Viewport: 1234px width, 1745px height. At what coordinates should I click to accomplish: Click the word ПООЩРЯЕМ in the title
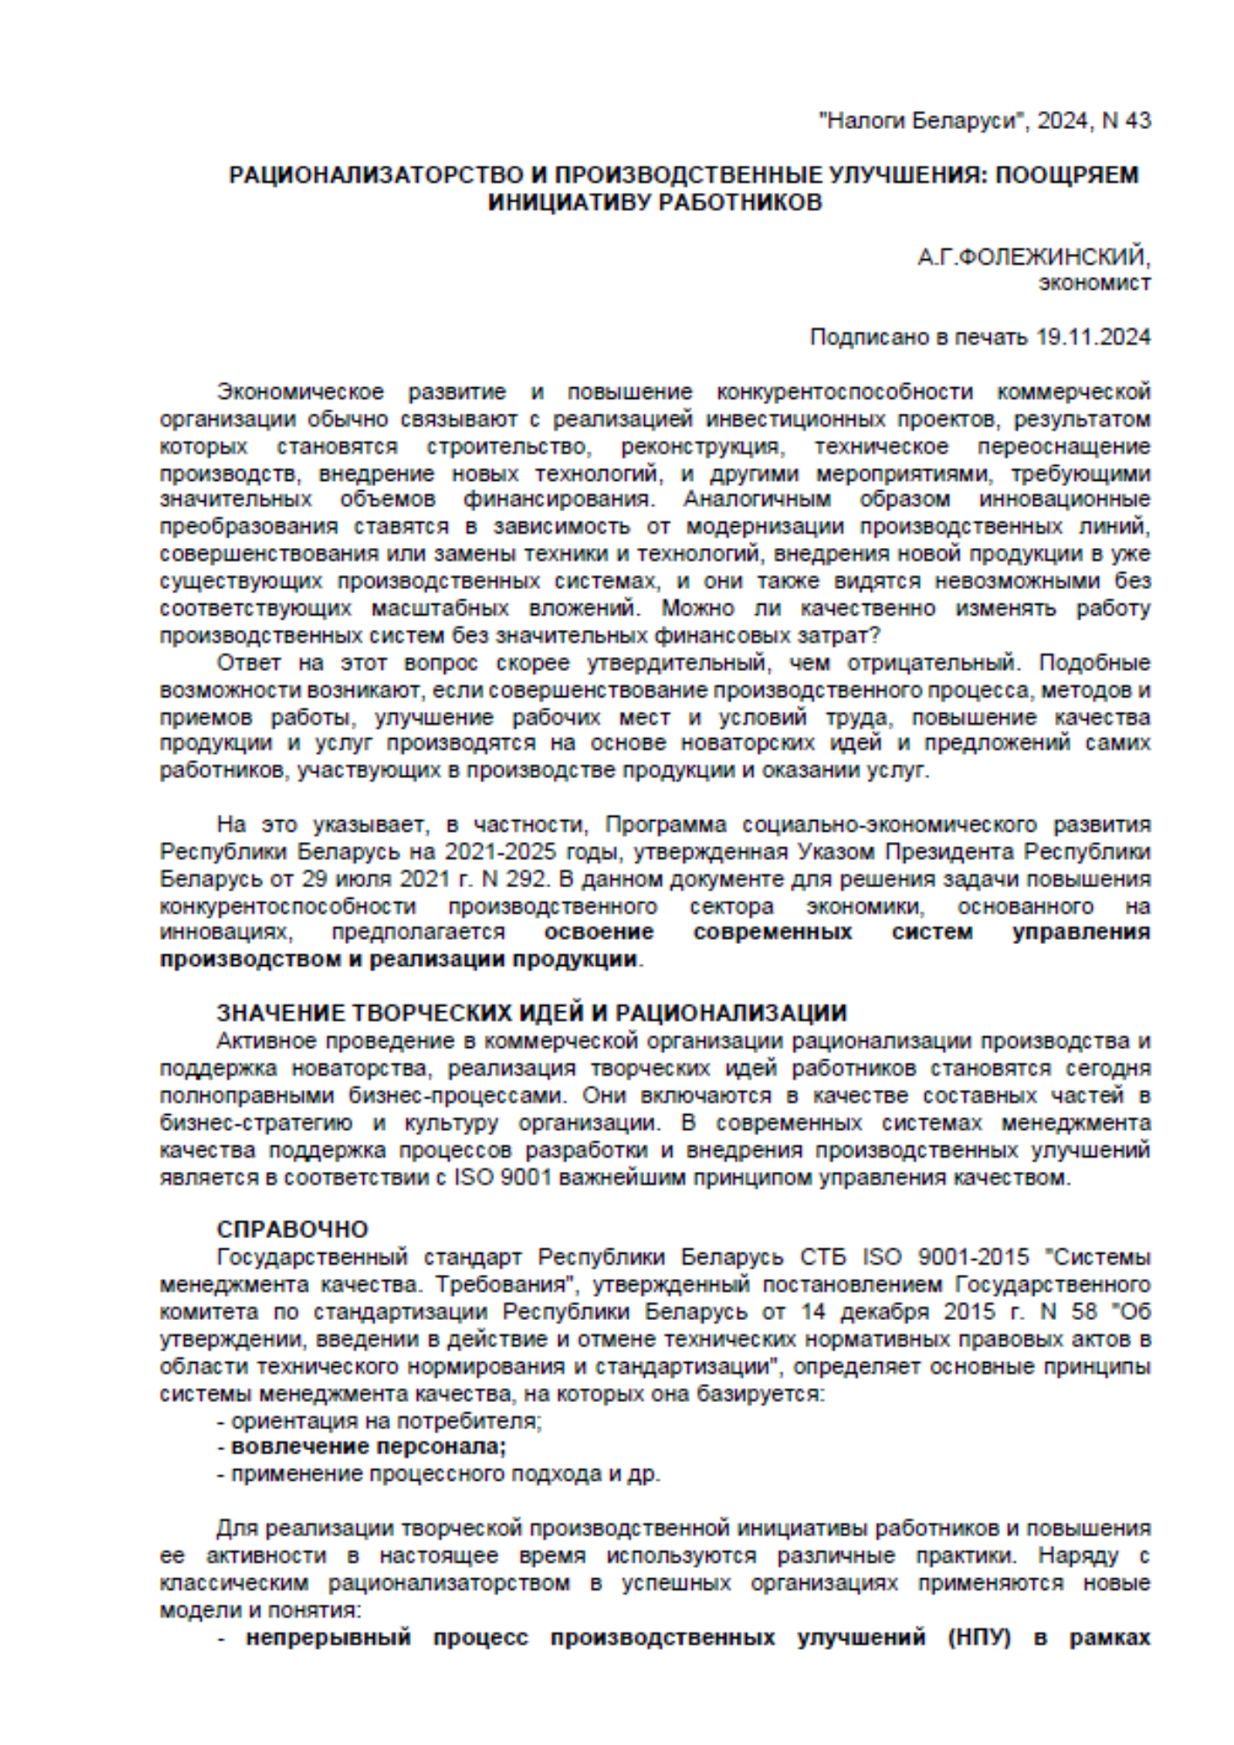pos(1068,175)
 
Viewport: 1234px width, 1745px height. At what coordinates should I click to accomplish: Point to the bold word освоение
pos(599,932)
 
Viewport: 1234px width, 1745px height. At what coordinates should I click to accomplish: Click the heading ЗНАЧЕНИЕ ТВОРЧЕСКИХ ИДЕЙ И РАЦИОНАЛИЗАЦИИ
pos(531,1013)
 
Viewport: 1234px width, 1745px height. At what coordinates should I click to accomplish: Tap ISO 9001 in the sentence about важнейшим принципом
pos(505,1177)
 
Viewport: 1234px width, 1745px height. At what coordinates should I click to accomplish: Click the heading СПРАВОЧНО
pos(292,1229)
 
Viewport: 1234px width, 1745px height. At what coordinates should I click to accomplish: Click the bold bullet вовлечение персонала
pos(368,1447)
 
